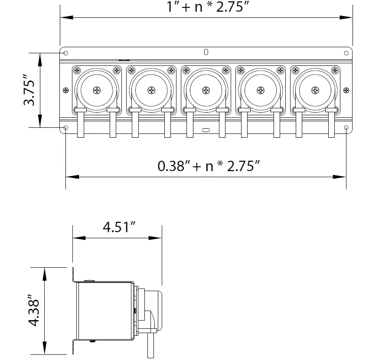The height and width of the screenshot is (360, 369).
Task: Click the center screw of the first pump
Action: pos(96,90)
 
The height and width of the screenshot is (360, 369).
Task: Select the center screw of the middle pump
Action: pos(206,90)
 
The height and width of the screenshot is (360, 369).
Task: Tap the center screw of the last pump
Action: pos(315,90)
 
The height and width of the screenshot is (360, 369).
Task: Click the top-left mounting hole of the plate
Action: pos(66,53)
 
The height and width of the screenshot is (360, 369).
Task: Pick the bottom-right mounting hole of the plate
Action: pos(346,128)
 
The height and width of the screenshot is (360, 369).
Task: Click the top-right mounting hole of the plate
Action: pos(346,53)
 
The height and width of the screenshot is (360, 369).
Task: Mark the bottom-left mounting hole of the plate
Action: pos(66,128)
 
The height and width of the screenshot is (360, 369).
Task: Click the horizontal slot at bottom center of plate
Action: pos(206,129)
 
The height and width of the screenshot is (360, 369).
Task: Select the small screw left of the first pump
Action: pos(66,90)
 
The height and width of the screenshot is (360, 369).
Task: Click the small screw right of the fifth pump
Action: pos(346,90)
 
